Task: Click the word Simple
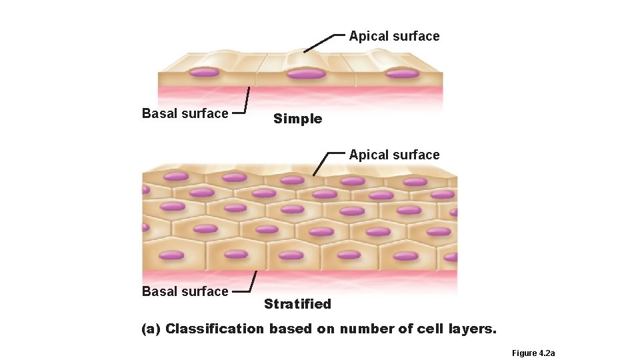[297, 119]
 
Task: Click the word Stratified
[297, 305]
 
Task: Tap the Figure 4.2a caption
[533, 353]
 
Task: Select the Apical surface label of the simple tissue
[394, 37]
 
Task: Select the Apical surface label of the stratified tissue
[394, 155]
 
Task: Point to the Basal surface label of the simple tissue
[185, 114]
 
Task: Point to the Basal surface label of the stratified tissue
[185, 292]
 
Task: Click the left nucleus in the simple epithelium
[204, 71]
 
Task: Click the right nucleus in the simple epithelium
[403, 73]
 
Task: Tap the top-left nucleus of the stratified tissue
[177, 177]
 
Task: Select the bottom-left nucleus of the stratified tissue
[172, 255]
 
